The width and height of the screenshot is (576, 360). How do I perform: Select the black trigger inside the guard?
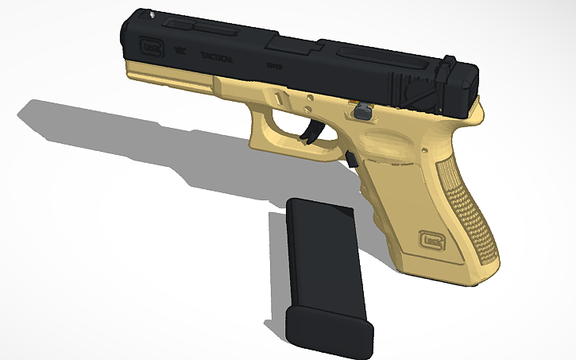(x=310, y=134)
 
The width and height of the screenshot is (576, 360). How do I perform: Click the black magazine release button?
(x=350, y=159)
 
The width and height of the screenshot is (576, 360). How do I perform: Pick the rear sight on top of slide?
(x=450, y=62)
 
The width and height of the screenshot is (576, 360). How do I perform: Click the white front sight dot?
(x=151, y=14)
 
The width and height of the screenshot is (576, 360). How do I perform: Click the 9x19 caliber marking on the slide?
(x=275, y=67)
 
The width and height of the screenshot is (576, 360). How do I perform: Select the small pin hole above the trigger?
(x=307, y=102)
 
